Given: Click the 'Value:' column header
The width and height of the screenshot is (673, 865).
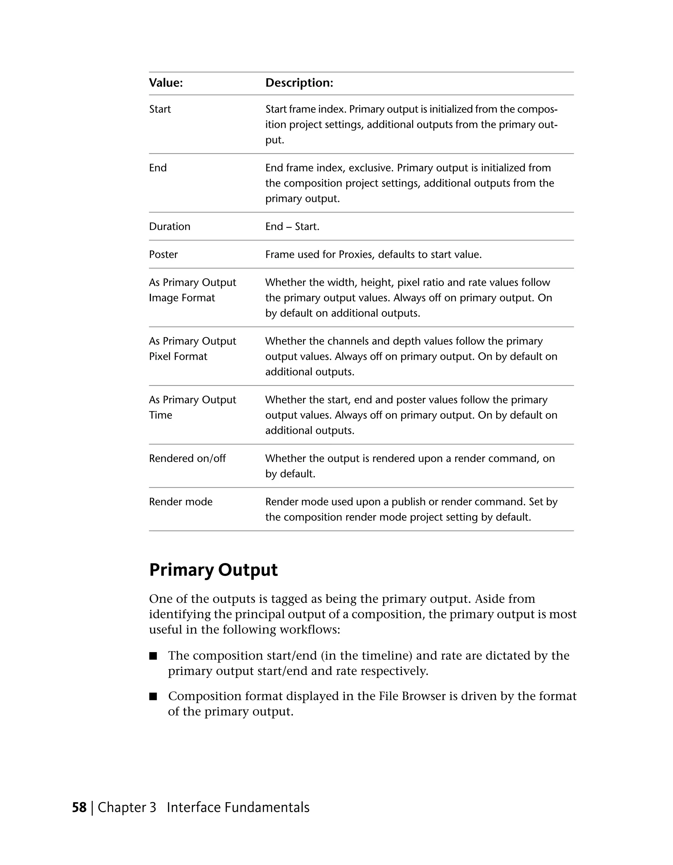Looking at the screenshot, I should click(166, 83).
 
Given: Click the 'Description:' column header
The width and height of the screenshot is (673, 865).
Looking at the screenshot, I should click(299, 83).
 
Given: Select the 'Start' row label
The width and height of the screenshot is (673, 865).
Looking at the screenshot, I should click(160, 109).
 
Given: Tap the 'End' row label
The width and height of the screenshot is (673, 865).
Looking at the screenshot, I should click(158, 168).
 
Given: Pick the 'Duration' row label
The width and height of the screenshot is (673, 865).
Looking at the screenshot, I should click(170, 227).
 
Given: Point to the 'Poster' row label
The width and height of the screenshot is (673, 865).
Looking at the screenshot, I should click(163, 254).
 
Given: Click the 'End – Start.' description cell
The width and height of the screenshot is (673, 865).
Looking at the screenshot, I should click(292, 227).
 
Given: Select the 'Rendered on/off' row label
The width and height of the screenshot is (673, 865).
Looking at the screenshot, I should click(187, 458).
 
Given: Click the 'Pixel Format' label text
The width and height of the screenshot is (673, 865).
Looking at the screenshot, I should click(178, 356).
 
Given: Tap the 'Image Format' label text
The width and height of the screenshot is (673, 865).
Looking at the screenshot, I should click(182, 298).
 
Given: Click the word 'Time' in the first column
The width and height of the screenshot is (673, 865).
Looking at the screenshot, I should click(160, 415).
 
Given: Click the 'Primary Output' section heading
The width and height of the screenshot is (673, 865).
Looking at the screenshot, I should click(213, 570).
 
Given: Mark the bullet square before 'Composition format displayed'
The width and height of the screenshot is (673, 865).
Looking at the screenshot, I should click(153, 697).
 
